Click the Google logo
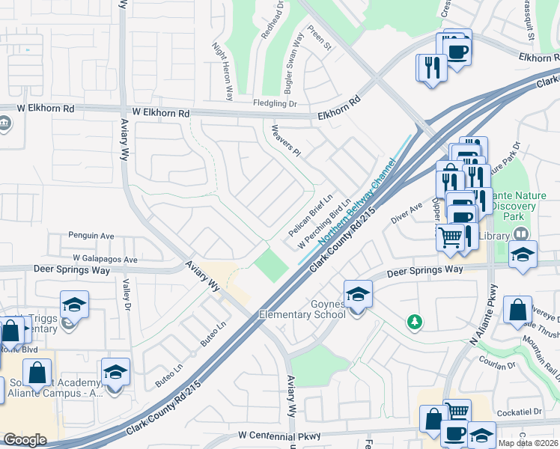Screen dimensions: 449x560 point(25,440)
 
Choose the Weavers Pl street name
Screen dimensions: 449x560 point(286,141)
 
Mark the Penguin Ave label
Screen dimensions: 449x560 point(91,236)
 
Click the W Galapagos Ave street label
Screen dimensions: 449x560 point(105,260)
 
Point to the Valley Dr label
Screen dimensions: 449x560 point(127,296)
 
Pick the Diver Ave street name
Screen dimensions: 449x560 point(406,213)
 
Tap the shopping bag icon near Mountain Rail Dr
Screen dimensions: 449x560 point(517,311)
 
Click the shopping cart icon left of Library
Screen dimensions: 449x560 point(451,238)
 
